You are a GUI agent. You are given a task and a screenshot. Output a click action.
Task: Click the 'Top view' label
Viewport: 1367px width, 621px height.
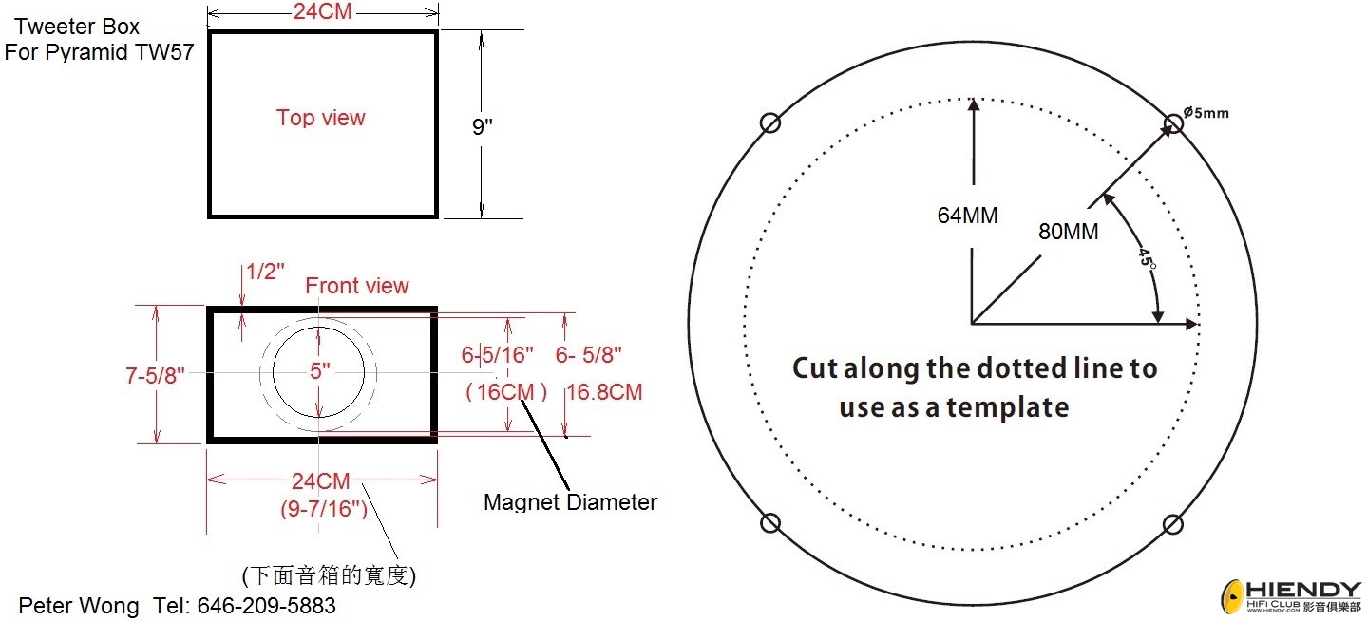tap(320, 117)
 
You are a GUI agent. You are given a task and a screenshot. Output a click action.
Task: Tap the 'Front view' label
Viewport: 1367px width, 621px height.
tap(357, 286)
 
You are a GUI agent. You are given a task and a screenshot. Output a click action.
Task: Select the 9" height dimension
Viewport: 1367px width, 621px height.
tap(483, 126)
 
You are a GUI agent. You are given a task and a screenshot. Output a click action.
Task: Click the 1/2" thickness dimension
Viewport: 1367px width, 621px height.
tap(265, 272)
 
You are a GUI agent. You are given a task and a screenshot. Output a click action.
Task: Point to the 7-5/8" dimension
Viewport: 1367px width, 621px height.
tap(155, 375)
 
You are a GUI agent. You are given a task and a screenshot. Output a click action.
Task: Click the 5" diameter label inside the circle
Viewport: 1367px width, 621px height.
tap(320, 370)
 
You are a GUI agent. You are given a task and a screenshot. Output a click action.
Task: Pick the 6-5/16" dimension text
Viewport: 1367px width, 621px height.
tap(497, 354)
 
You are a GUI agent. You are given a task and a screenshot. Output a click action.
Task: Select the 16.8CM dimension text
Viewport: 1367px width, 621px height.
tap(604, 391)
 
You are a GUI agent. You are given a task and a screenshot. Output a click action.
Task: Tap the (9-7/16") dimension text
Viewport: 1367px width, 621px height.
tap(324, 508)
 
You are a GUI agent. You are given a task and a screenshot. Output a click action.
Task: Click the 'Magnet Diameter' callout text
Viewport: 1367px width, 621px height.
tap(570, 502)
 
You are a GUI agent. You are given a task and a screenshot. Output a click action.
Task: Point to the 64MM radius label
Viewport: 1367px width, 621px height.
tap(967, 216)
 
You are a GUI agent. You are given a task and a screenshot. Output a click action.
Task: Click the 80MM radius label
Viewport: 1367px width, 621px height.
tap(1069, 232)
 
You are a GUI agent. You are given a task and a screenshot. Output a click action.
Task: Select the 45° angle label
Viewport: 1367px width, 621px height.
tap(1147, 256)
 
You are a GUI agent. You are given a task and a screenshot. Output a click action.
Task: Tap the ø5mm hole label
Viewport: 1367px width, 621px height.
tap(1206, 113)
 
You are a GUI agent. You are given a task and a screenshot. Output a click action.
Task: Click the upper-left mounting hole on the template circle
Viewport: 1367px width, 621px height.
tap(770, 122)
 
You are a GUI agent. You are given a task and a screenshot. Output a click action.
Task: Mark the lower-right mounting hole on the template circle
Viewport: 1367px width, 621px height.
tap(1172, 524)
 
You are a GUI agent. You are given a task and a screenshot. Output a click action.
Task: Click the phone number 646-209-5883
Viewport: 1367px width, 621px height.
tap(267, 606)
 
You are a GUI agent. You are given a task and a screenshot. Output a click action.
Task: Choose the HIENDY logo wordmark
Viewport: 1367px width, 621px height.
tap(1303, 590)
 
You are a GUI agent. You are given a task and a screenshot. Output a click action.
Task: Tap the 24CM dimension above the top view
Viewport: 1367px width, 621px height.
tap(323, 11)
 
